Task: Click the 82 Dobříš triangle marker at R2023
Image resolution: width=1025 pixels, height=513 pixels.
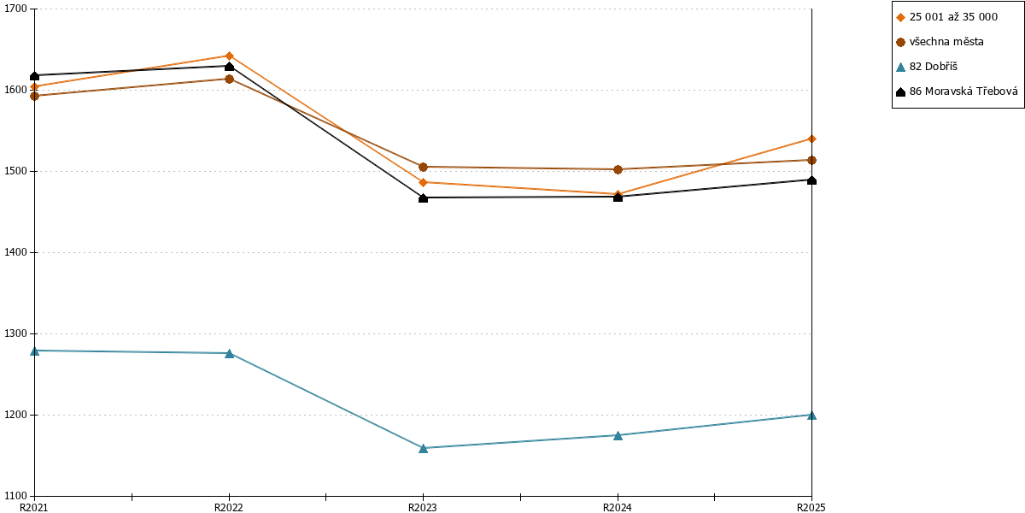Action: pyautogui.click(x=424, y=448)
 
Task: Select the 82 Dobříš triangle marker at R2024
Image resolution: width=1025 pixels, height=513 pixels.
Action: pyautogui.click(x=618, y=435)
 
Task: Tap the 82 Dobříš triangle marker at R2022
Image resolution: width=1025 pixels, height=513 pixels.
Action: pyautogui.click(x=229, y=353)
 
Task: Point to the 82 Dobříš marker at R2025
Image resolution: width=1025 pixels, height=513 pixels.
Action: pyautogui.click(x=811, y=415)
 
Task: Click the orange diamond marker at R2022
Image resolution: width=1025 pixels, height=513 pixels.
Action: pyautogui.click(x=229, y=56)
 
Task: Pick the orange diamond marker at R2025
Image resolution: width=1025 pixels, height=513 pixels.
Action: pyautogui.click(x=811, y=139)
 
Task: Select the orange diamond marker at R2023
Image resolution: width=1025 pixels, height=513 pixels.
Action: pyautogui.click(x=424, y=182)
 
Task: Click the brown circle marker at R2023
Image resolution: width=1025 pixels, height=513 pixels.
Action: pyautogui.click(x=424, y=168)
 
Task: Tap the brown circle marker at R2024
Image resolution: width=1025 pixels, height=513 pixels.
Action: pyautogui.click(x=618, y=169)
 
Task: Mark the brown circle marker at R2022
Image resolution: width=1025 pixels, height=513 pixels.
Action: pyautogui.click(x=229, y=80)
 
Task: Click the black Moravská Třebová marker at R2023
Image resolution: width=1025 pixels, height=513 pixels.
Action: pyautogui.click(x=424, y=198)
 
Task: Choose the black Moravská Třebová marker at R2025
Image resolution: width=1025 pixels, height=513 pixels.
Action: pyautogui.click(x=811, y=180)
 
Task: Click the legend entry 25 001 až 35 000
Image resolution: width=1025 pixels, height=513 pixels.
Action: pyautogui.click(x=953, y=17)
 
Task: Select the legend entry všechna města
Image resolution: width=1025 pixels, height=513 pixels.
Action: pyautogui.click(x=946, y=42)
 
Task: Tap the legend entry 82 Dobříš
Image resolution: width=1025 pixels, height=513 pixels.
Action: pyautogui.click(x=933, y=67)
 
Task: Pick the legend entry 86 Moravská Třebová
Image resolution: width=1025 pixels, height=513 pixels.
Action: pyautogui.click(x=963, y=91)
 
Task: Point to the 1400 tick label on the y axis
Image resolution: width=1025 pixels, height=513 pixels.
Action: pyautogui.click(x=15, y=252)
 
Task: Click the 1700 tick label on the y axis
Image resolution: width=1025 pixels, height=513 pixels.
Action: pyautogui.click(x=15, y=9)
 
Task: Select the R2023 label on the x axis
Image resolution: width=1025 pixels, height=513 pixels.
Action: pyautogui.click(x=423, y=507)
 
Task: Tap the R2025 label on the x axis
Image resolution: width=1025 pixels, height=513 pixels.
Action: pyautogui.click(x=811, y=507)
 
